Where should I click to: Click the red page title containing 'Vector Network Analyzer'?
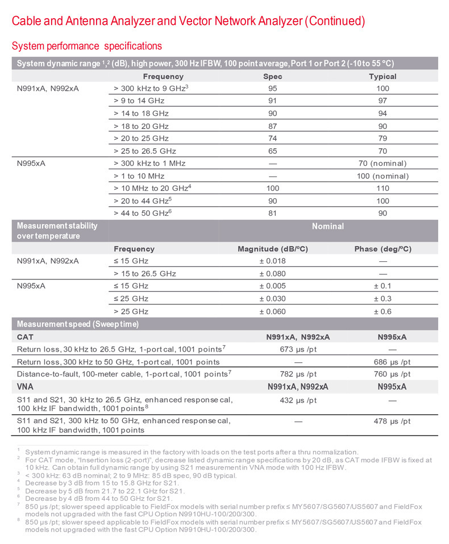click(x=188, y=22)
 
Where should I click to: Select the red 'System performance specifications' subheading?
click(x=87, y=46)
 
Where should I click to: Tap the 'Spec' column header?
click(x=273, y=77)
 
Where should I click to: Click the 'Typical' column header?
click(x=383, y=77)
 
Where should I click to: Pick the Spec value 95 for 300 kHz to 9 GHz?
click(x=273, y=89)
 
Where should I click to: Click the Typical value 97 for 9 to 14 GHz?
click(x=383, y=101)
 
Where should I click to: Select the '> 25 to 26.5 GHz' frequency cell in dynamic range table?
click(x=145, y=151)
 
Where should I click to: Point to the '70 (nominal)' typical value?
click(x=383, y=164)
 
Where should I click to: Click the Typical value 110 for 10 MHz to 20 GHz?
click(x=383, y=189)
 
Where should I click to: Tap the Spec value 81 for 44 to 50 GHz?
click(x=273, y=214)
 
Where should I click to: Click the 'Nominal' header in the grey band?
click(x=328, y=226)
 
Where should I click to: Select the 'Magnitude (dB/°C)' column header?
click(x=272, y=249)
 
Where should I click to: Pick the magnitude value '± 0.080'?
click(x=272, y=274)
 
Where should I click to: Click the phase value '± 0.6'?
click(x=383, y=311)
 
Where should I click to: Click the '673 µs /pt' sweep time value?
click(x=299, y=349)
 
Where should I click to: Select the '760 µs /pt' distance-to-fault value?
click(x=390, y=374)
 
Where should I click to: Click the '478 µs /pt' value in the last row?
click(x=390, y=421)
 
